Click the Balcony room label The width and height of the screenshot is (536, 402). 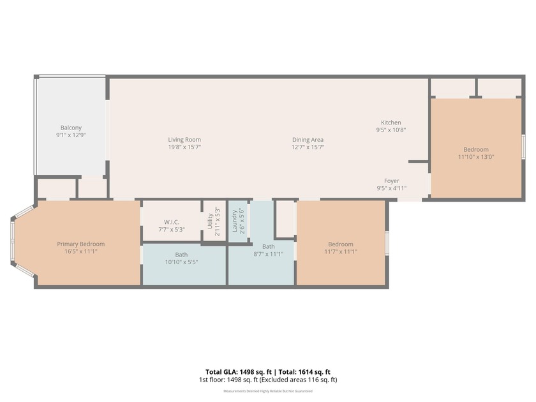coord(71,128)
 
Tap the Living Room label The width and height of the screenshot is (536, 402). coord(184,140)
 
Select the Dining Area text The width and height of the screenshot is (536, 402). coord(308,140)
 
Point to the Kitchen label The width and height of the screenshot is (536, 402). coord(391,123)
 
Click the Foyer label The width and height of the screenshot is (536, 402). coord(391,181)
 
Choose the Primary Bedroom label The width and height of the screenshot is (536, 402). coord(80,244)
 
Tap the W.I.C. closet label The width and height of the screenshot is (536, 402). coord(170,222)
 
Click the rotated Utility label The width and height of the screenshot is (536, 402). coord(209,221)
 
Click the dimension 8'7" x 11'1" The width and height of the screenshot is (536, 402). coord(268,253)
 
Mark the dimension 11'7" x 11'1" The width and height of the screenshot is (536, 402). coord(340,251)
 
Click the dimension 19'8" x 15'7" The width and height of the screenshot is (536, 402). coord(184,147)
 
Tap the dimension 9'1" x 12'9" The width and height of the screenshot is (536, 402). coord(71,135)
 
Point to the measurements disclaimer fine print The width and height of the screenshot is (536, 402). coord(267,391)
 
